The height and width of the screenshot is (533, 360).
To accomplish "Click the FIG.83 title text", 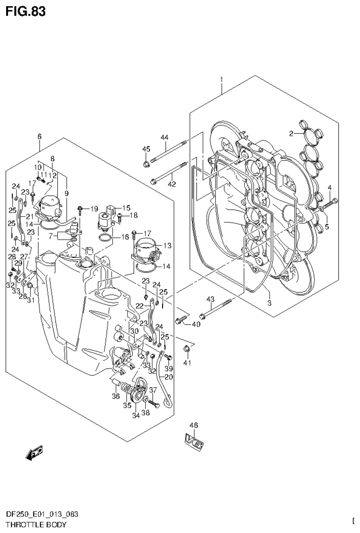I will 26,11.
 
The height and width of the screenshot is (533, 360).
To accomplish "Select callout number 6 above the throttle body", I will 39,136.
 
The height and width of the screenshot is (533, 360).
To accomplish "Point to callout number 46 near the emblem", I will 194,425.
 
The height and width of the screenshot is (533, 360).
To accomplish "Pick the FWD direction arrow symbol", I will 34,452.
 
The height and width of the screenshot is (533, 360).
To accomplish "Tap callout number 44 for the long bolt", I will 164,137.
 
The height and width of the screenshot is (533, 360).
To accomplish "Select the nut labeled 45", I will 146,164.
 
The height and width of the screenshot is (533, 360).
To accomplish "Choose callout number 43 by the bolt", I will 210,299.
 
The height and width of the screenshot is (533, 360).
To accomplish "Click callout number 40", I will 195,323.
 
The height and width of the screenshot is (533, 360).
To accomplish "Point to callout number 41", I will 188,363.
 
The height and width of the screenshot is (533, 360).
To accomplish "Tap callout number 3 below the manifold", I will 270,303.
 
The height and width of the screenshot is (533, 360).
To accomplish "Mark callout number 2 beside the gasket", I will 292,134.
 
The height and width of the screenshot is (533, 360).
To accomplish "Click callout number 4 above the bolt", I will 330,188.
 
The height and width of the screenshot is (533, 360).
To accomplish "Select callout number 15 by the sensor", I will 126,208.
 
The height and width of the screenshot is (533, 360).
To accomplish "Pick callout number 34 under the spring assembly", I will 136,415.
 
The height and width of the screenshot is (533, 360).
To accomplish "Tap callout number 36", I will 115,396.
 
